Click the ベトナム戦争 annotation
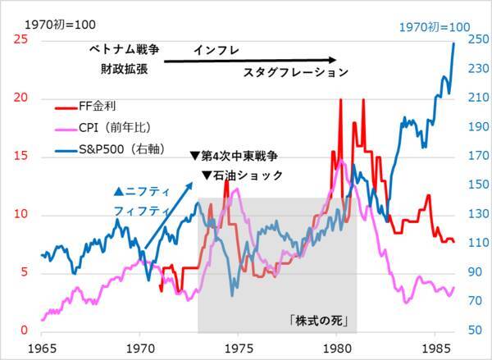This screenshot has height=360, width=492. (x=125, y=51)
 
